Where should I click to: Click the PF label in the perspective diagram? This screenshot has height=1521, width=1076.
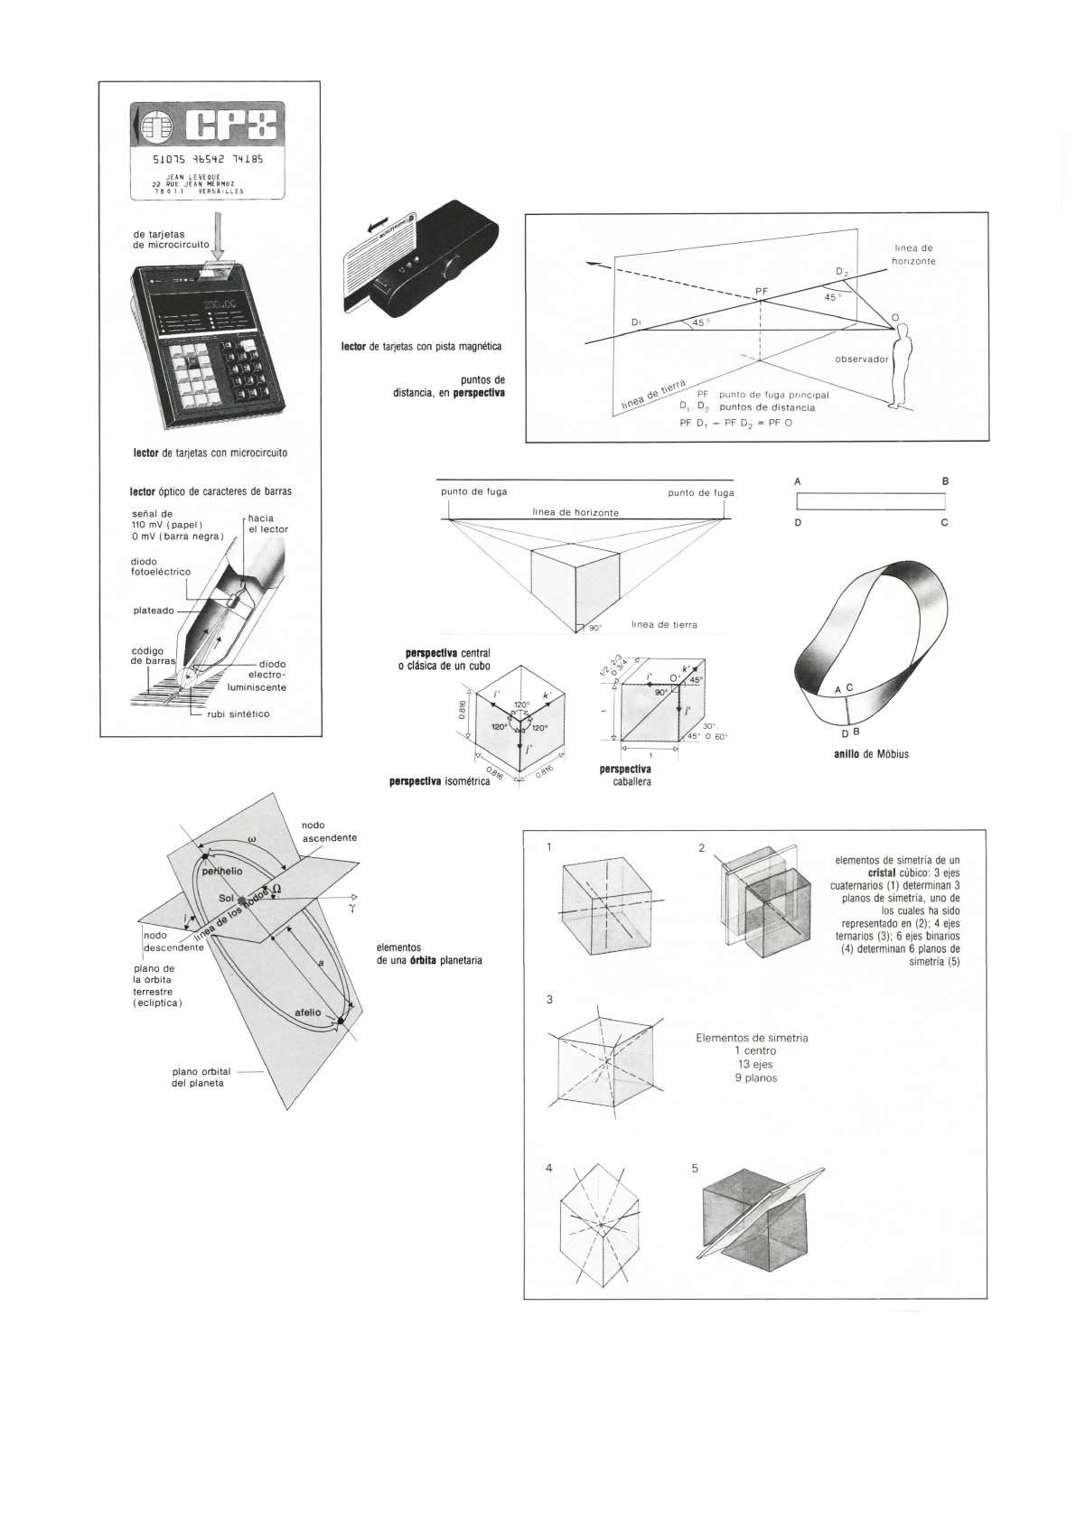coord(762,291)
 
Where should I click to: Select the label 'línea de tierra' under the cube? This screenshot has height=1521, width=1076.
coord(664,624)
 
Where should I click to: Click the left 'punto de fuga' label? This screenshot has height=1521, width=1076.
coord(473,492)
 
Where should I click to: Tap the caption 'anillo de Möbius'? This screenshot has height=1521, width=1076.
coord(870,753)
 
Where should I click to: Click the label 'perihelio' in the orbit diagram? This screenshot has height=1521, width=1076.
coord(222,871)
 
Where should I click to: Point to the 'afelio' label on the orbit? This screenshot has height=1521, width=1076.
coord(307,1012)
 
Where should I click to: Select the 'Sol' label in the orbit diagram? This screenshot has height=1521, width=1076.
coord(226,899)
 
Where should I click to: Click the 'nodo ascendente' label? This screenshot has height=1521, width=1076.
coord(329,831)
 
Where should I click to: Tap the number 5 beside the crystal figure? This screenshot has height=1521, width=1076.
coord(695,1168)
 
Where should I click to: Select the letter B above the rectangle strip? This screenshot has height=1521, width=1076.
coord(945,481)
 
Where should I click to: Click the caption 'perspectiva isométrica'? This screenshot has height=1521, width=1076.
coord(440,781)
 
